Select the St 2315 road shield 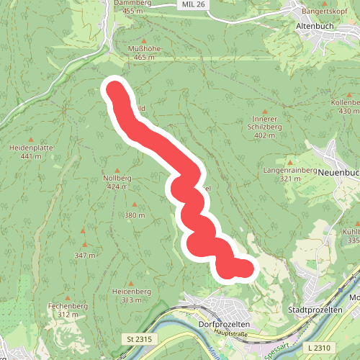coord(137,338)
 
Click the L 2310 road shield coord(318,348)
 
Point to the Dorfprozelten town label coord(223,324)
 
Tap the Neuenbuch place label coord(337,173)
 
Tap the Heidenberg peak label coord(131,291)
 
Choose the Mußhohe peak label coord(141,48)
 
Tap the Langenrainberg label coord(290,170)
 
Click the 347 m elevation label coord(84,255)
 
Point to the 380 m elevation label coord(135,215)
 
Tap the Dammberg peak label coord(134,3)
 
